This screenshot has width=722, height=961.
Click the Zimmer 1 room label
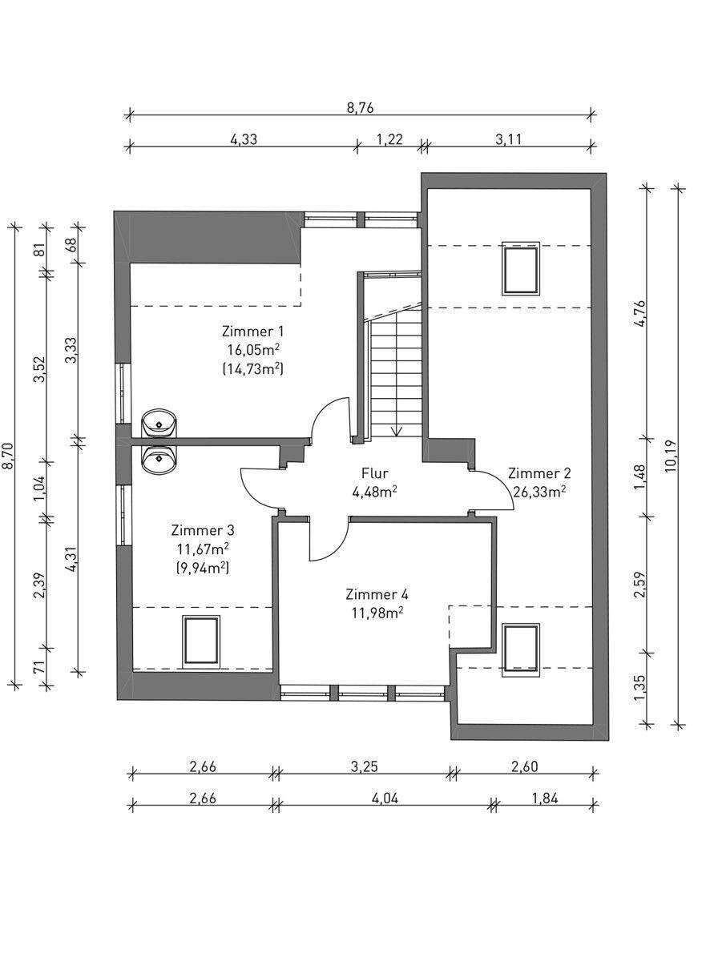point(252,332)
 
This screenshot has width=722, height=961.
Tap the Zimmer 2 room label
point(539,473)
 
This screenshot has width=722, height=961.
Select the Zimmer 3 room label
point(203,531)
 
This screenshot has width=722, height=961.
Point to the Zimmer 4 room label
point(377,595)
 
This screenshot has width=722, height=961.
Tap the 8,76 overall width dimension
point(360,107)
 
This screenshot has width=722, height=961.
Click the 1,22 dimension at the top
point(389,139)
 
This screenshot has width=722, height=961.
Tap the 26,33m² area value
point(539,492)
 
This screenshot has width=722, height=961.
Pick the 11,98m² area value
point(377,613)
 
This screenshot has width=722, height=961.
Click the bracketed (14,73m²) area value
point(252,369)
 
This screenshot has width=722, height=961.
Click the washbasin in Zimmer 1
point(159,423)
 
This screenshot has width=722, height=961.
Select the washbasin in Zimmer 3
point(159,460)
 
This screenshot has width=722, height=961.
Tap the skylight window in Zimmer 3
point(201,641)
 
